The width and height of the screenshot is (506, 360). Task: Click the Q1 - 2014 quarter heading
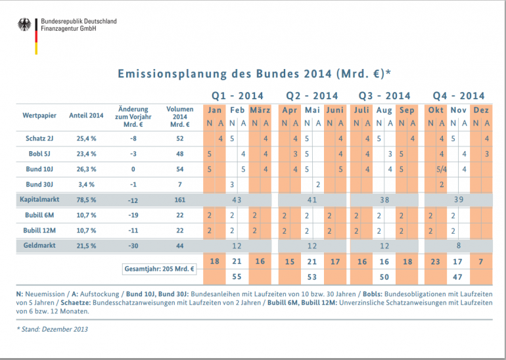click(237, 96)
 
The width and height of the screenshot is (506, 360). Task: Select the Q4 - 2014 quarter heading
click(459, 96)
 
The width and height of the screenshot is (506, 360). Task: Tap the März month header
click(260, 110)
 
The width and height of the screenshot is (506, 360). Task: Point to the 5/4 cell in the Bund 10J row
click(442, 169)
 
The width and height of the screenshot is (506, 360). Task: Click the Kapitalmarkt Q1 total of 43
click(237, 199)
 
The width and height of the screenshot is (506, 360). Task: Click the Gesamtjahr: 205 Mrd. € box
click(158, 269)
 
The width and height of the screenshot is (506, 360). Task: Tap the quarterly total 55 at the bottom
click(237, 277)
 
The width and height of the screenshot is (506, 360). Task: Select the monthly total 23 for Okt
click(435, 261)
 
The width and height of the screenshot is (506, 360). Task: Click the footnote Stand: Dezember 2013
click(53, 329)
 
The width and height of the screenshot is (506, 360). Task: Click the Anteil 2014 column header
click(87, 116)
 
